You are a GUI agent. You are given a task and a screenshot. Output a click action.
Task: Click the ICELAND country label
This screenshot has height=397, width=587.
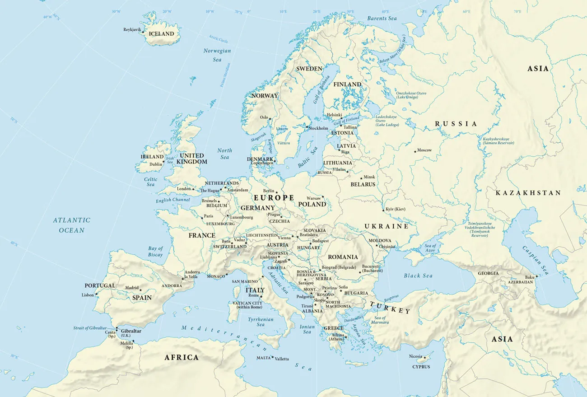(161, 34)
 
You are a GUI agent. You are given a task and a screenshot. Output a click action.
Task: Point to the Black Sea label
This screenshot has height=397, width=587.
(418, 276)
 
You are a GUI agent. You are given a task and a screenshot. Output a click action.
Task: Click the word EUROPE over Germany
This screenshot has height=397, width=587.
(274, 198)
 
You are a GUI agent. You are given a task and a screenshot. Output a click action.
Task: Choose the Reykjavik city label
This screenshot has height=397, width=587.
(132, 30)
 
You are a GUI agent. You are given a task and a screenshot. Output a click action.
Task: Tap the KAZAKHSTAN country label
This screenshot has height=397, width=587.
(528, 193)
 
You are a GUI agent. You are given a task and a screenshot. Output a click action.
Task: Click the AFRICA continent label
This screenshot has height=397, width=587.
(181, 357)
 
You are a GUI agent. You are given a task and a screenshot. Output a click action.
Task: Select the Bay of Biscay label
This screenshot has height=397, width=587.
(155, 252)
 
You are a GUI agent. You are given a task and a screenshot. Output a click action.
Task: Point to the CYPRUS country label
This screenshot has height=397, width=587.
(421, 367)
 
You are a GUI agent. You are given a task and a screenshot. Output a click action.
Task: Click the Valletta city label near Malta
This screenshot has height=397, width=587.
(282, 358)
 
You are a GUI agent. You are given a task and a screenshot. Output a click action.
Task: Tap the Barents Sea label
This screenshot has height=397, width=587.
(382, 19)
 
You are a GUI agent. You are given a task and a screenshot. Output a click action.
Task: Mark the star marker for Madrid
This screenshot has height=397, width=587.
(140, 290)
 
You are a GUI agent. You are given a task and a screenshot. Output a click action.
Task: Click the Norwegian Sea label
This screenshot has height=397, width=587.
(217, 55)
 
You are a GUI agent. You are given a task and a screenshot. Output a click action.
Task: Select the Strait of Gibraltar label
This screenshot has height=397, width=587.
(90, 328)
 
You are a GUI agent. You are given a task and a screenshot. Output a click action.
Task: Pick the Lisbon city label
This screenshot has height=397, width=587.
(88, 295)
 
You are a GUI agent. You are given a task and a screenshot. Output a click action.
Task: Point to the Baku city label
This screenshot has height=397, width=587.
(530, 277)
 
